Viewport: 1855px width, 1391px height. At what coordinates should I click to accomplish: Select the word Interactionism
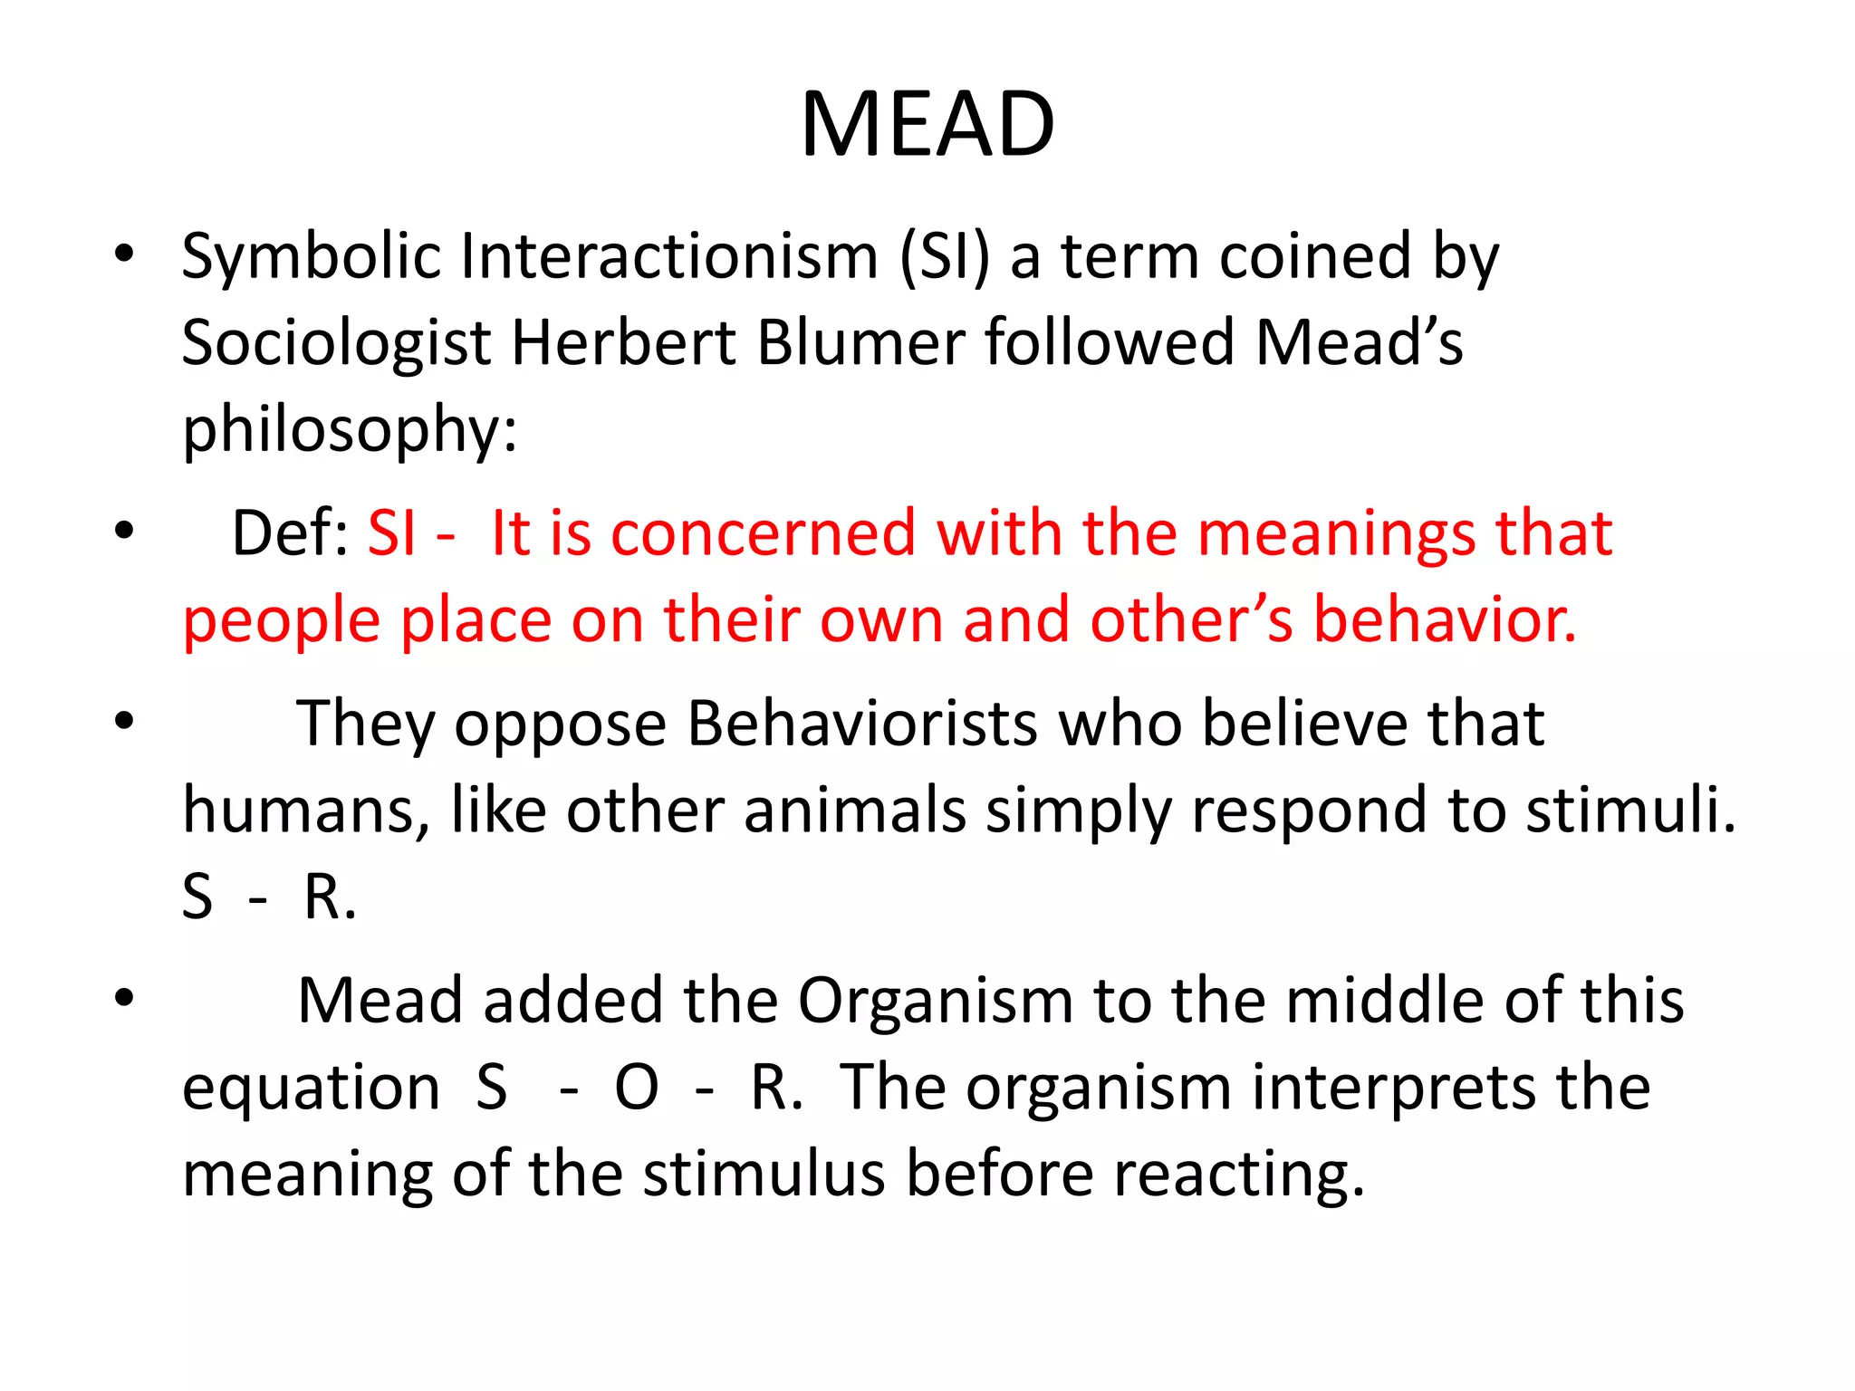click(669, 257)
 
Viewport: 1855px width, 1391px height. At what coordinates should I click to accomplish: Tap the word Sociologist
click(336, 343)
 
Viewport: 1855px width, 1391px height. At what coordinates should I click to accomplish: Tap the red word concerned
click(764, 533)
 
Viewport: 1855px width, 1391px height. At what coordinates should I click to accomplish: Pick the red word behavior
click(1445, 620)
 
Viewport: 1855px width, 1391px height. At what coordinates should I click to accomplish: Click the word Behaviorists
click(861, 724)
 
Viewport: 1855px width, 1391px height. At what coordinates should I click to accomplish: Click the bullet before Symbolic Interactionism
click(125, 254)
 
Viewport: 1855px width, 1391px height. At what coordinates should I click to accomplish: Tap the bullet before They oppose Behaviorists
click(125, 722)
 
